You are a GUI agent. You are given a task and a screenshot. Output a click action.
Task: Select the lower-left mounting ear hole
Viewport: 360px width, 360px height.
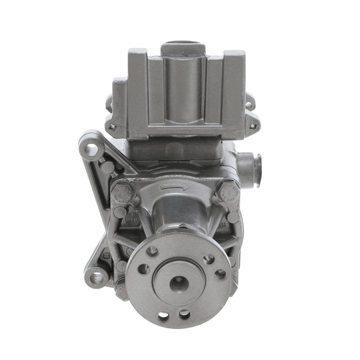click(96, 277)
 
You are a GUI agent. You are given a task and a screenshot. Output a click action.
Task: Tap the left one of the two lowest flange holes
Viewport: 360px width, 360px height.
click(164, 315)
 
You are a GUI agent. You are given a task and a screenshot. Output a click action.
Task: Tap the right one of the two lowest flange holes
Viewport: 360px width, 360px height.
click(184, 314)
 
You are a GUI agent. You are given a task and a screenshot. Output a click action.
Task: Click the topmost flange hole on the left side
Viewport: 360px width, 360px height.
click(153, 251)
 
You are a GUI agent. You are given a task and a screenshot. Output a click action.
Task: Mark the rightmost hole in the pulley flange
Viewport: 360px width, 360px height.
click(220, 274)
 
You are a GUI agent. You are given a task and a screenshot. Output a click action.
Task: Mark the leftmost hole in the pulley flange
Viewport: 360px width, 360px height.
click(143, 269)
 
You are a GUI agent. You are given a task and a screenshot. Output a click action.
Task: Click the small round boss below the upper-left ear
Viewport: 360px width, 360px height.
click(107, 166)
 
